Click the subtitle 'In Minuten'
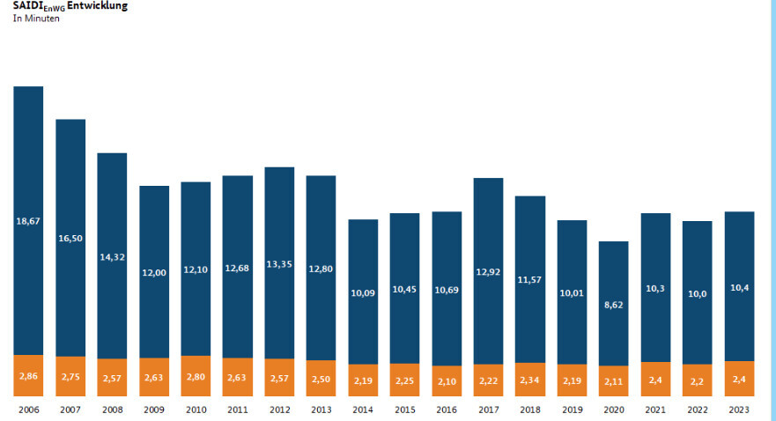(36, 18)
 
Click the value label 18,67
(28, 221)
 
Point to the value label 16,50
(70, 238)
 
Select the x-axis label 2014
(363, 410)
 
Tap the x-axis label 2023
(739, 410)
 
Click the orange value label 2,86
(28, 376)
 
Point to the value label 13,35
(279, 263)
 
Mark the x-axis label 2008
(112, 410)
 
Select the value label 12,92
(488, 271)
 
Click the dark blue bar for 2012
(279, 220)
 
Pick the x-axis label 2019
(572, 410)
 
